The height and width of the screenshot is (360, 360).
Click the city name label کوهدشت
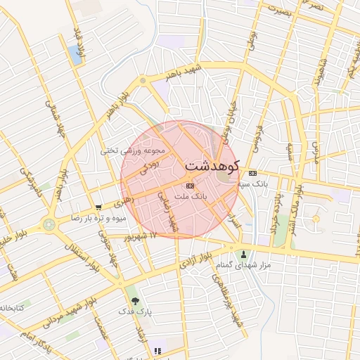coord(212,165)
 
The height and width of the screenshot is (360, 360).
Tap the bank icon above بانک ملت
coord(188,186)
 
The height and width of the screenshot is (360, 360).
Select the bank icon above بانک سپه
coord(252,173)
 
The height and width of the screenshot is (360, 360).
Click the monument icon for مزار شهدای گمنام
coord(244,255)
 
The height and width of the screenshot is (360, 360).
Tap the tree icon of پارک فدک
coord(135,300)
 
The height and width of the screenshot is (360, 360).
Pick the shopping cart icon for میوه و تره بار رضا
coord(98,207)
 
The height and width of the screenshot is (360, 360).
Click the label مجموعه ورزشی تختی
coord(133,150)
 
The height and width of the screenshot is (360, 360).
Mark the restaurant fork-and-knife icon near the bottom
coord(157,350)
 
